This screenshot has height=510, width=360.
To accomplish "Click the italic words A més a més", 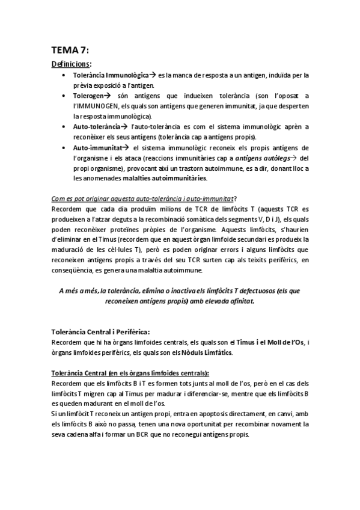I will (78, 291).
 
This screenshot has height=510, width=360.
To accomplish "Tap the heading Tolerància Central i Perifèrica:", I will (100, 332).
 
